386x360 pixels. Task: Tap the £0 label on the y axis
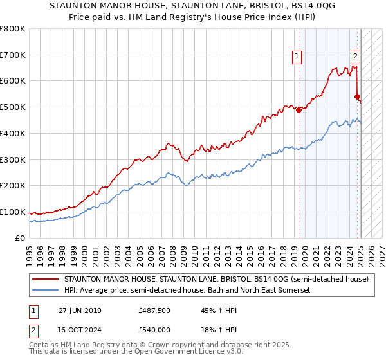point(20,238)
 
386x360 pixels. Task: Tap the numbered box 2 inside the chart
point(354,56)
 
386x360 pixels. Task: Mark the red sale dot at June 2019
point(299,110)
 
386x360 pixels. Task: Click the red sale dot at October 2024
point(356,96)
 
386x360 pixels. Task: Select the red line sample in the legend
point(46,279)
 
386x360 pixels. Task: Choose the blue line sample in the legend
point(46,291)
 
